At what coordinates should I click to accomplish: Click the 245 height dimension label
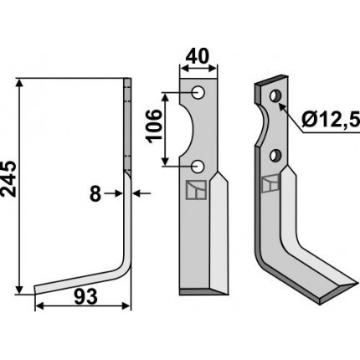[8, 179]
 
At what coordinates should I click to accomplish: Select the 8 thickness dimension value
[95, 194]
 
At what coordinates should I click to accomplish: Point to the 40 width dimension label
[198, 56]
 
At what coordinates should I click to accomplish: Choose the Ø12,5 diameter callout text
[331, 121]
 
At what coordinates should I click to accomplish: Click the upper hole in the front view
[198, 92]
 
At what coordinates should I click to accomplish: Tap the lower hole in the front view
[198, 167]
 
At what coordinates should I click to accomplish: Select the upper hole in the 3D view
[275, 95]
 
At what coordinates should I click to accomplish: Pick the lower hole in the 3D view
[275, 156]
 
